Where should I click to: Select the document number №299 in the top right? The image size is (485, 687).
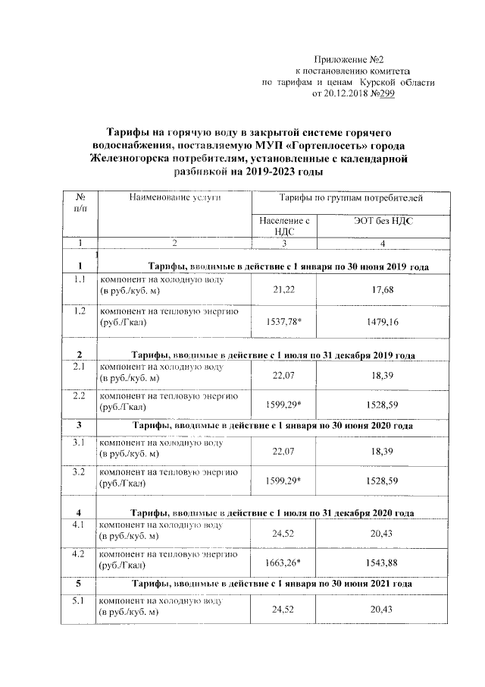[383, 94]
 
